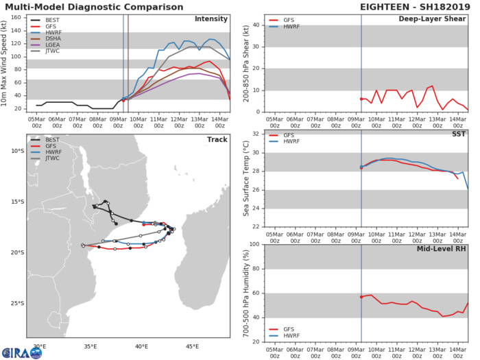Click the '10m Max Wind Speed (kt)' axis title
[5, 63]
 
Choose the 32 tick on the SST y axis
[254, 134]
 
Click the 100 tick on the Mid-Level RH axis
[252, 244]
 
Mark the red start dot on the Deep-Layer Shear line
[361, 99]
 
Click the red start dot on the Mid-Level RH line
[361, 297]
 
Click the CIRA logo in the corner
[14, 350]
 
